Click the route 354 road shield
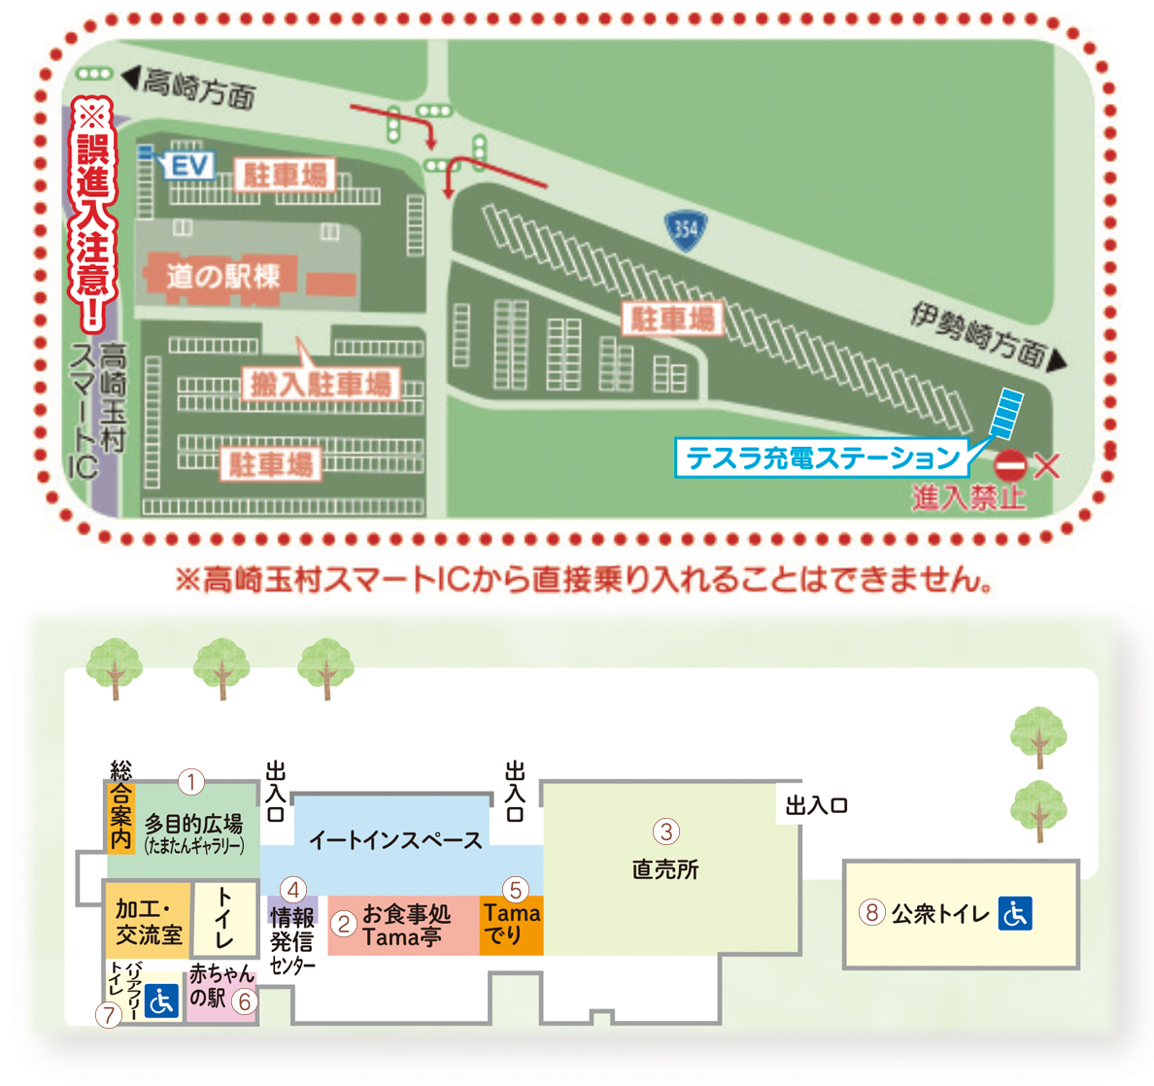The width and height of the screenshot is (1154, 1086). [x=685, y=229]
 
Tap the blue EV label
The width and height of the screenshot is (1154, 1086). [x=189, y=166]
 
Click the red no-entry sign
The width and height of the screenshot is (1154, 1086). [x=1011, y=466]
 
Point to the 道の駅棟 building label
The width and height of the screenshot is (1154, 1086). [x=222, y=277]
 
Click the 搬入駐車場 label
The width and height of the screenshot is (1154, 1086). [x=321, y=385]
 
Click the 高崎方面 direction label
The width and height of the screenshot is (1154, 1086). [x=199, y=88]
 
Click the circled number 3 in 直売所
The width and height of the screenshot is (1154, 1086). [x=665, y=831]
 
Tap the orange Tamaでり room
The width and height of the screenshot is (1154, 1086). [x=511, y=925]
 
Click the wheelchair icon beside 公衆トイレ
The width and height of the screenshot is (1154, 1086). [x=1015, y=913]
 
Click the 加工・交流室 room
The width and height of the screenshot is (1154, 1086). [x=148, y=922]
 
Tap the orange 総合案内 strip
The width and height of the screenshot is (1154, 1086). [x=120, y=817]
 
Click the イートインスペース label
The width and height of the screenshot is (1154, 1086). [x=395, y=840]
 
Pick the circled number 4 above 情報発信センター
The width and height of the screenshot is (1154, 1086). [x=293, y=889]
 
